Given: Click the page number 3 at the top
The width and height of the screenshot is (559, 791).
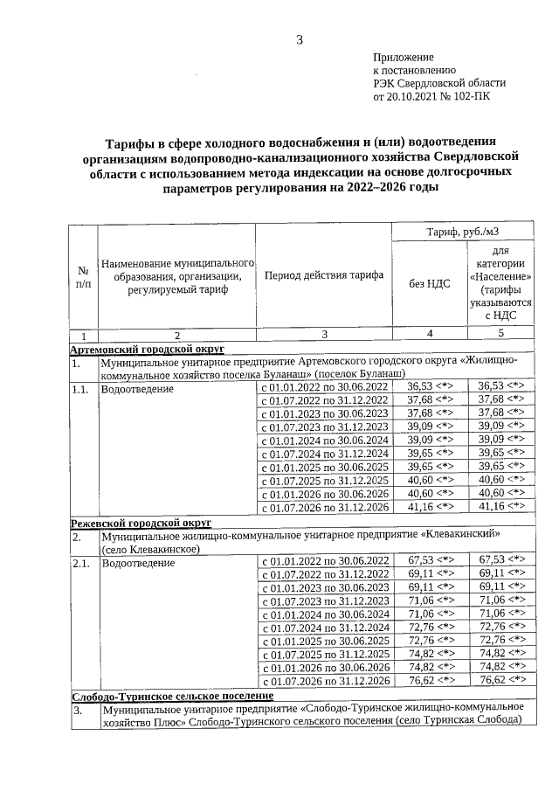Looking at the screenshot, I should coord(299,39).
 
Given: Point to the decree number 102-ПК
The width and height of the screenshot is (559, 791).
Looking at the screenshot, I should coord(471,97).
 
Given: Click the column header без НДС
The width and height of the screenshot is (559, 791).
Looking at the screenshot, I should coord(430,282).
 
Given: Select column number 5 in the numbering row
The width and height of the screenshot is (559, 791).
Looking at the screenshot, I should coord(500,335).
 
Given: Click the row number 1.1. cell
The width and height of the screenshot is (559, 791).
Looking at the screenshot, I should coord(81,387).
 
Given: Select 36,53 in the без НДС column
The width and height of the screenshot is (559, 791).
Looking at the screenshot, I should coord(420,386).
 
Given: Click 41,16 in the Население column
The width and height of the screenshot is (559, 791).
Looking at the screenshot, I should coord(490,506).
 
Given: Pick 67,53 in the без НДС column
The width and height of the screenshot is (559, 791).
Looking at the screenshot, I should coord(420,560).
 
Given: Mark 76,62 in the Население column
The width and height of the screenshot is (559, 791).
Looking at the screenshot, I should coord(491,680).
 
